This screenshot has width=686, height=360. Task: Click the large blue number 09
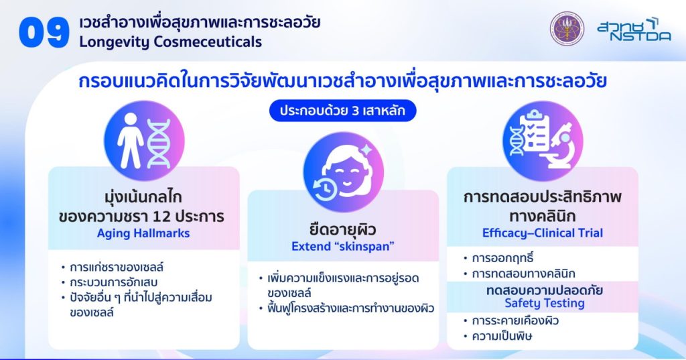44,34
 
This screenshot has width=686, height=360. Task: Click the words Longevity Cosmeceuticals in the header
171,42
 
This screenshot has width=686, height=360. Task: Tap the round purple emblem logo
567,28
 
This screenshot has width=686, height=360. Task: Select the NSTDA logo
634,29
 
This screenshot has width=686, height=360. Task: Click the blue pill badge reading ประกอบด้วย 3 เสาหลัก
342,111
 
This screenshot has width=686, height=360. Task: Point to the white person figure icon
131,141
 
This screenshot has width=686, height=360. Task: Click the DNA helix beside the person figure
158,143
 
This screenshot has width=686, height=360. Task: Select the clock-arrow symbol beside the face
324,190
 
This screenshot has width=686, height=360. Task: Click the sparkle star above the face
366,150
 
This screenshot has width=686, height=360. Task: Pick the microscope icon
557,145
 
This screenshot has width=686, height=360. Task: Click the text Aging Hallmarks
143,233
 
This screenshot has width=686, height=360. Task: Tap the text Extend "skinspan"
343,246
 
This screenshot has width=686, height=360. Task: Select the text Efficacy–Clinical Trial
543,233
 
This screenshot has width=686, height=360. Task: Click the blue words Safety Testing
545,303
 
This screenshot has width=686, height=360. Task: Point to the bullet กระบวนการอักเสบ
113,282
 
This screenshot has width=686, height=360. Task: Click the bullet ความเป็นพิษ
502,337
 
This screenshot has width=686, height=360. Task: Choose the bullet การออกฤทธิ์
502,258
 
